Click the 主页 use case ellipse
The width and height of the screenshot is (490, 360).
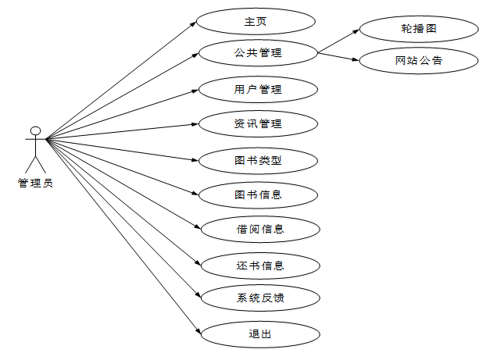256,21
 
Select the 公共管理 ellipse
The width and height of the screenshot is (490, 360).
258,54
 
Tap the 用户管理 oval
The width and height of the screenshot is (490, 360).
258,89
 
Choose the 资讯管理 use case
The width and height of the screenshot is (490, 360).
258,123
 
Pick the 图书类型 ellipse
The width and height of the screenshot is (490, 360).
258,161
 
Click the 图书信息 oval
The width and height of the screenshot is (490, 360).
258,194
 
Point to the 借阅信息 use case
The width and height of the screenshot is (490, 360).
260,229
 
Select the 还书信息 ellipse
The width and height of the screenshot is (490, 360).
260,266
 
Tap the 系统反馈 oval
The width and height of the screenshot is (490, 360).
260,298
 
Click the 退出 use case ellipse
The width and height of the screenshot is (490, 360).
260,334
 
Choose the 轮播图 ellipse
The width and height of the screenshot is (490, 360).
419,28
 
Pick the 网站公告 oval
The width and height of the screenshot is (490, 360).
419,61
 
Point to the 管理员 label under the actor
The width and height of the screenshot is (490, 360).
35,184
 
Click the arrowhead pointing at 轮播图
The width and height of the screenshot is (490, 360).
356,31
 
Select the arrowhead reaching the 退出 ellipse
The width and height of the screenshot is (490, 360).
199,330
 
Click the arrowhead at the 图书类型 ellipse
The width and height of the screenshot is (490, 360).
196,160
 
